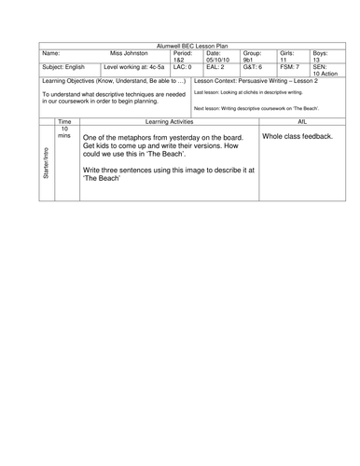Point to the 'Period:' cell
pos(185,54)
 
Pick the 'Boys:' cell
pos(316,54)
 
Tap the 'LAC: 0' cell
pos(184,69)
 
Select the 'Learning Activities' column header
pos(166,122)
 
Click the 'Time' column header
pos(64,122)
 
